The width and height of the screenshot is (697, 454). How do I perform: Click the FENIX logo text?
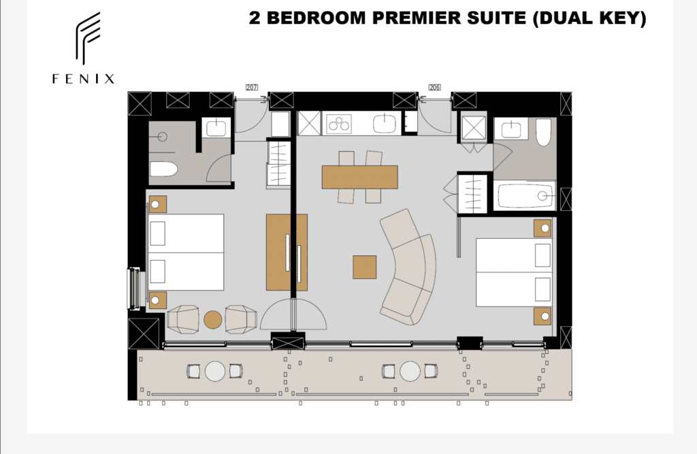click(83, 79)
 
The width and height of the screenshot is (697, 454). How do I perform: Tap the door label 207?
click(252, 87)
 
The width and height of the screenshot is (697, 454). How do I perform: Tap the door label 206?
click(435, 87)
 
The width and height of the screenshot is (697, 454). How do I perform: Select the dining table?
click(359, 177)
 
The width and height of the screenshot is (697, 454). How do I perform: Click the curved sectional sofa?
click(409, 266)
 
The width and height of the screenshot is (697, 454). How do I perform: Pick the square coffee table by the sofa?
click(365, 267)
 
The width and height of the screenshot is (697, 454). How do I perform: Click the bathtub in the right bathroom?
click(525, 195)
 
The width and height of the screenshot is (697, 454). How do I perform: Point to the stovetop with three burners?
click(339, 124)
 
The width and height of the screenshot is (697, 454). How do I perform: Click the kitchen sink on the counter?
click(385, 123)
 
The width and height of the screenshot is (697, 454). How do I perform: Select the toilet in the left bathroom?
click(163, 169)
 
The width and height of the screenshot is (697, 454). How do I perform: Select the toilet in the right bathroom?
click(543, 132)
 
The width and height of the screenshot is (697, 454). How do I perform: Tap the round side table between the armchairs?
click(213, 320)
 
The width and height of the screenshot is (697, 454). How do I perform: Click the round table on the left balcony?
click(215, 371)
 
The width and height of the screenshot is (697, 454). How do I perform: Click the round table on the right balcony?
click(410, 371)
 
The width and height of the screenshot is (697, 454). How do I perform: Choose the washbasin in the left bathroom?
click(216, 129)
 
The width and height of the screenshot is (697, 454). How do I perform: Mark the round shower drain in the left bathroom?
click(162, 137)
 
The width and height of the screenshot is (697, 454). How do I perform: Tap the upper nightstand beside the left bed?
click(157, 205)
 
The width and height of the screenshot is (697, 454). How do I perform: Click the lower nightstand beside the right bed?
click(542, 316)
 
